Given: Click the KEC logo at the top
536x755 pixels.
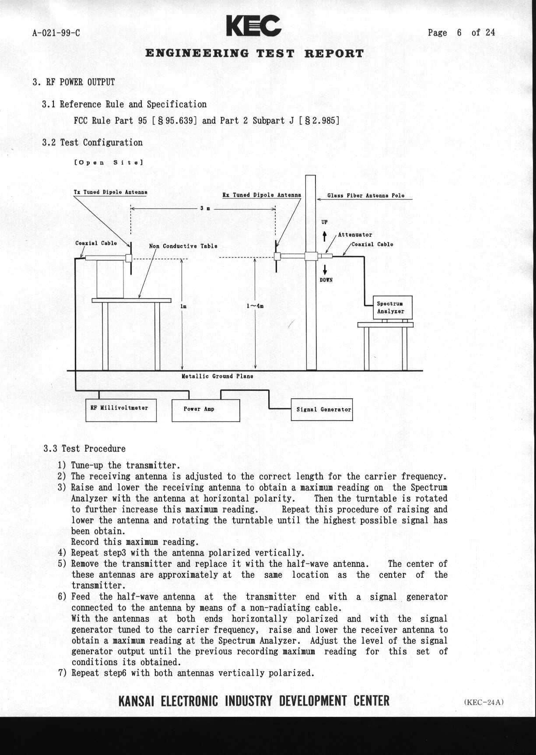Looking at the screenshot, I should (254, 26).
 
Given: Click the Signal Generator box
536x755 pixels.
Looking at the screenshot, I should (322, 410).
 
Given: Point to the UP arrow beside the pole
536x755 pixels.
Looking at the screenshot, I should (325, 236).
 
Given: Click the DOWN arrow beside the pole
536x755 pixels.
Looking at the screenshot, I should (325, 269).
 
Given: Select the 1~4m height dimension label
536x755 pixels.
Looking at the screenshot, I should (255, 306).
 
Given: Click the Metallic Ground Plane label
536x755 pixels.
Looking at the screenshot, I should (217, 376).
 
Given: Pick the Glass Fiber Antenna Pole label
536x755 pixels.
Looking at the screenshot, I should (366, 195).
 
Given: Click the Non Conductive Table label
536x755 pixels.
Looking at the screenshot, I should (183, 246).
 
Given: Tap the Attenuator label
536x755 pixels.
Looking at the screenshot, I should (355, 235).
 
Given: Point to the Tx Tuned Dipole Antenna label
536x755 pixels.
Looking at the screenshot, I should (110, 192).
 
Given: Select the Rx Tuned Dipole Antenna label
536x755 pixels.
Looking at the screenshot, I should (262, 195).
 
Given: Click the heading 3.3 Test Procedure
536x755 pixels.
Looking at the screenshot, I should (84, 449).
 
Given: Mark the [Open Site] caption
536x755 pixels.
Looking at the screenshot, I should (108, 162).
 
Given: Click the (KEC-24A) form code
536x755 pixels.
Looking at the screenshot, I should (484, 702).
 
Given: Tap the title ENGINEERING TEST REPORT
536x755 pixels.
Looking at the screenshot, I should (254, 54).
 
